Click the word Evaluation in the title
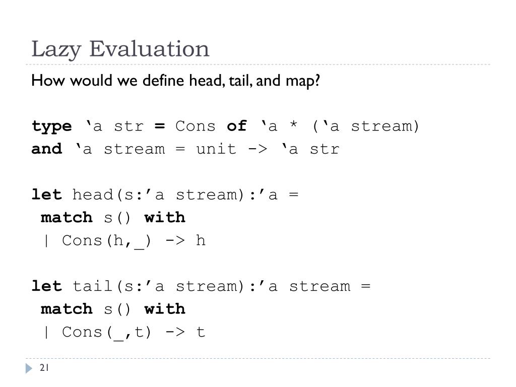pyautogui.click(x=150, y=49)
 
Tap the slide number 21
pyautogui.click(x=44, y=368)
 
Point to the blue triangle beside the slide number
pyautogui.click(x=29, y=369)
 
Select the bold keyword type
pyautogui.click(x=51, y=126)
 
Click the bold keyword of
pyautogui.click(x=237, y=126)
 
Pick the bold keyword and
pyautogui.click(x=46, y=149)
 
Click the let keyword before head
pyautogui.click(x=46, y=195)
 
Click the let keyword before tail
pyautogui.click(x=46, y=286)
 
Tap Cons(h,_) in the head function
pyautogui.click(x=106, y=241)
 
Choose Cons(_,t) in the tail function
pyautogui.click(x=106, y=333)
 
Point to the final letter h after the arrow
pyautogui.click(x=201, y=241)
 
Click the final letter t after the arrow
pyautogui.click(x=201, y=333)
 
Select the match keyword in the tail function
pyautogui.click(x=67, y=309)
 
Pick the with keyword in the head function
pyautogui.click(x=165, y=218)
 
